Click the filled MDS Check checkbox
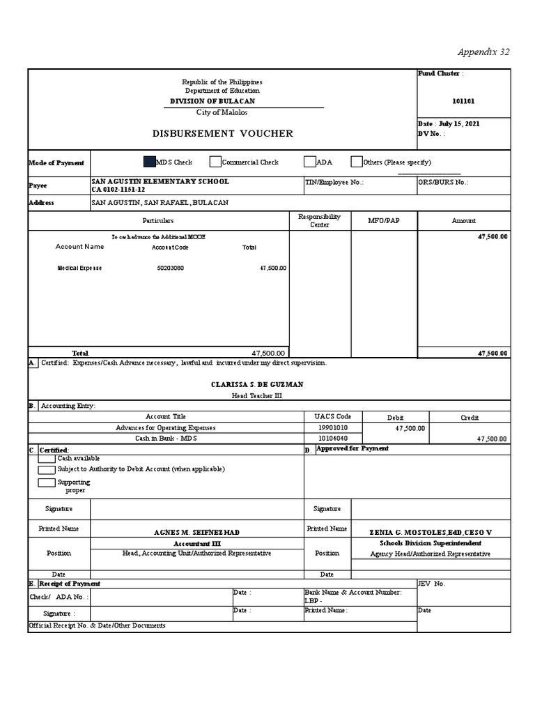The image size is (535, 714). pyautogui.click(x=149, y=162)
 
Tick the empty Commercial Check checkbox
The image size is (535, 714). pyautogui.click(x=215, y=162)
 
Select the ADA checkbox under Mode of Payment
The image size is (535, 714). pyautogui.click(x=310, y=162)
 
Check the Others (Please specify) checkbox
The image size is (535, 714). pyautogui.click(x=357, y=162)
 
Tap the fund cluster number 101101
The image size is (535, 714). pyautogui.click(x=463, y=100)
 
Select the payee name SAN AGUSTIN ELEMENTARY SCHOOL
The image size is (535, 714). pyautogui.click(x=160, y=181)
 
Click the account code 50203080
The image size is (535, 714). pyautogui.click(x=170, y=268)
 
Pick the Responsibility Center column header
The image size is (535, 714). pyautogui.click(x=320, y=220)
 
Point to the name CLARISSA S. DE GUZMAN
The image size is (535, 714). pyautogui.click(x=257, y=384)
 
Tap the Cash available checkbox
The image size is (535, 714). pyautogui.click(x=47, y=458)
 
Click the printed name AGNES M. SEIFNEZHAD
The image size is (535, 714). pyautogui.click(x=196, y=532)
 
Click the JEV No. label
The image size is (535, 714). pyautogui.click(x=431, y=584)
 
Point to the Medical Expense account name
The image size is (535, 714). pyautogui.click(x=79, y=268)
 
